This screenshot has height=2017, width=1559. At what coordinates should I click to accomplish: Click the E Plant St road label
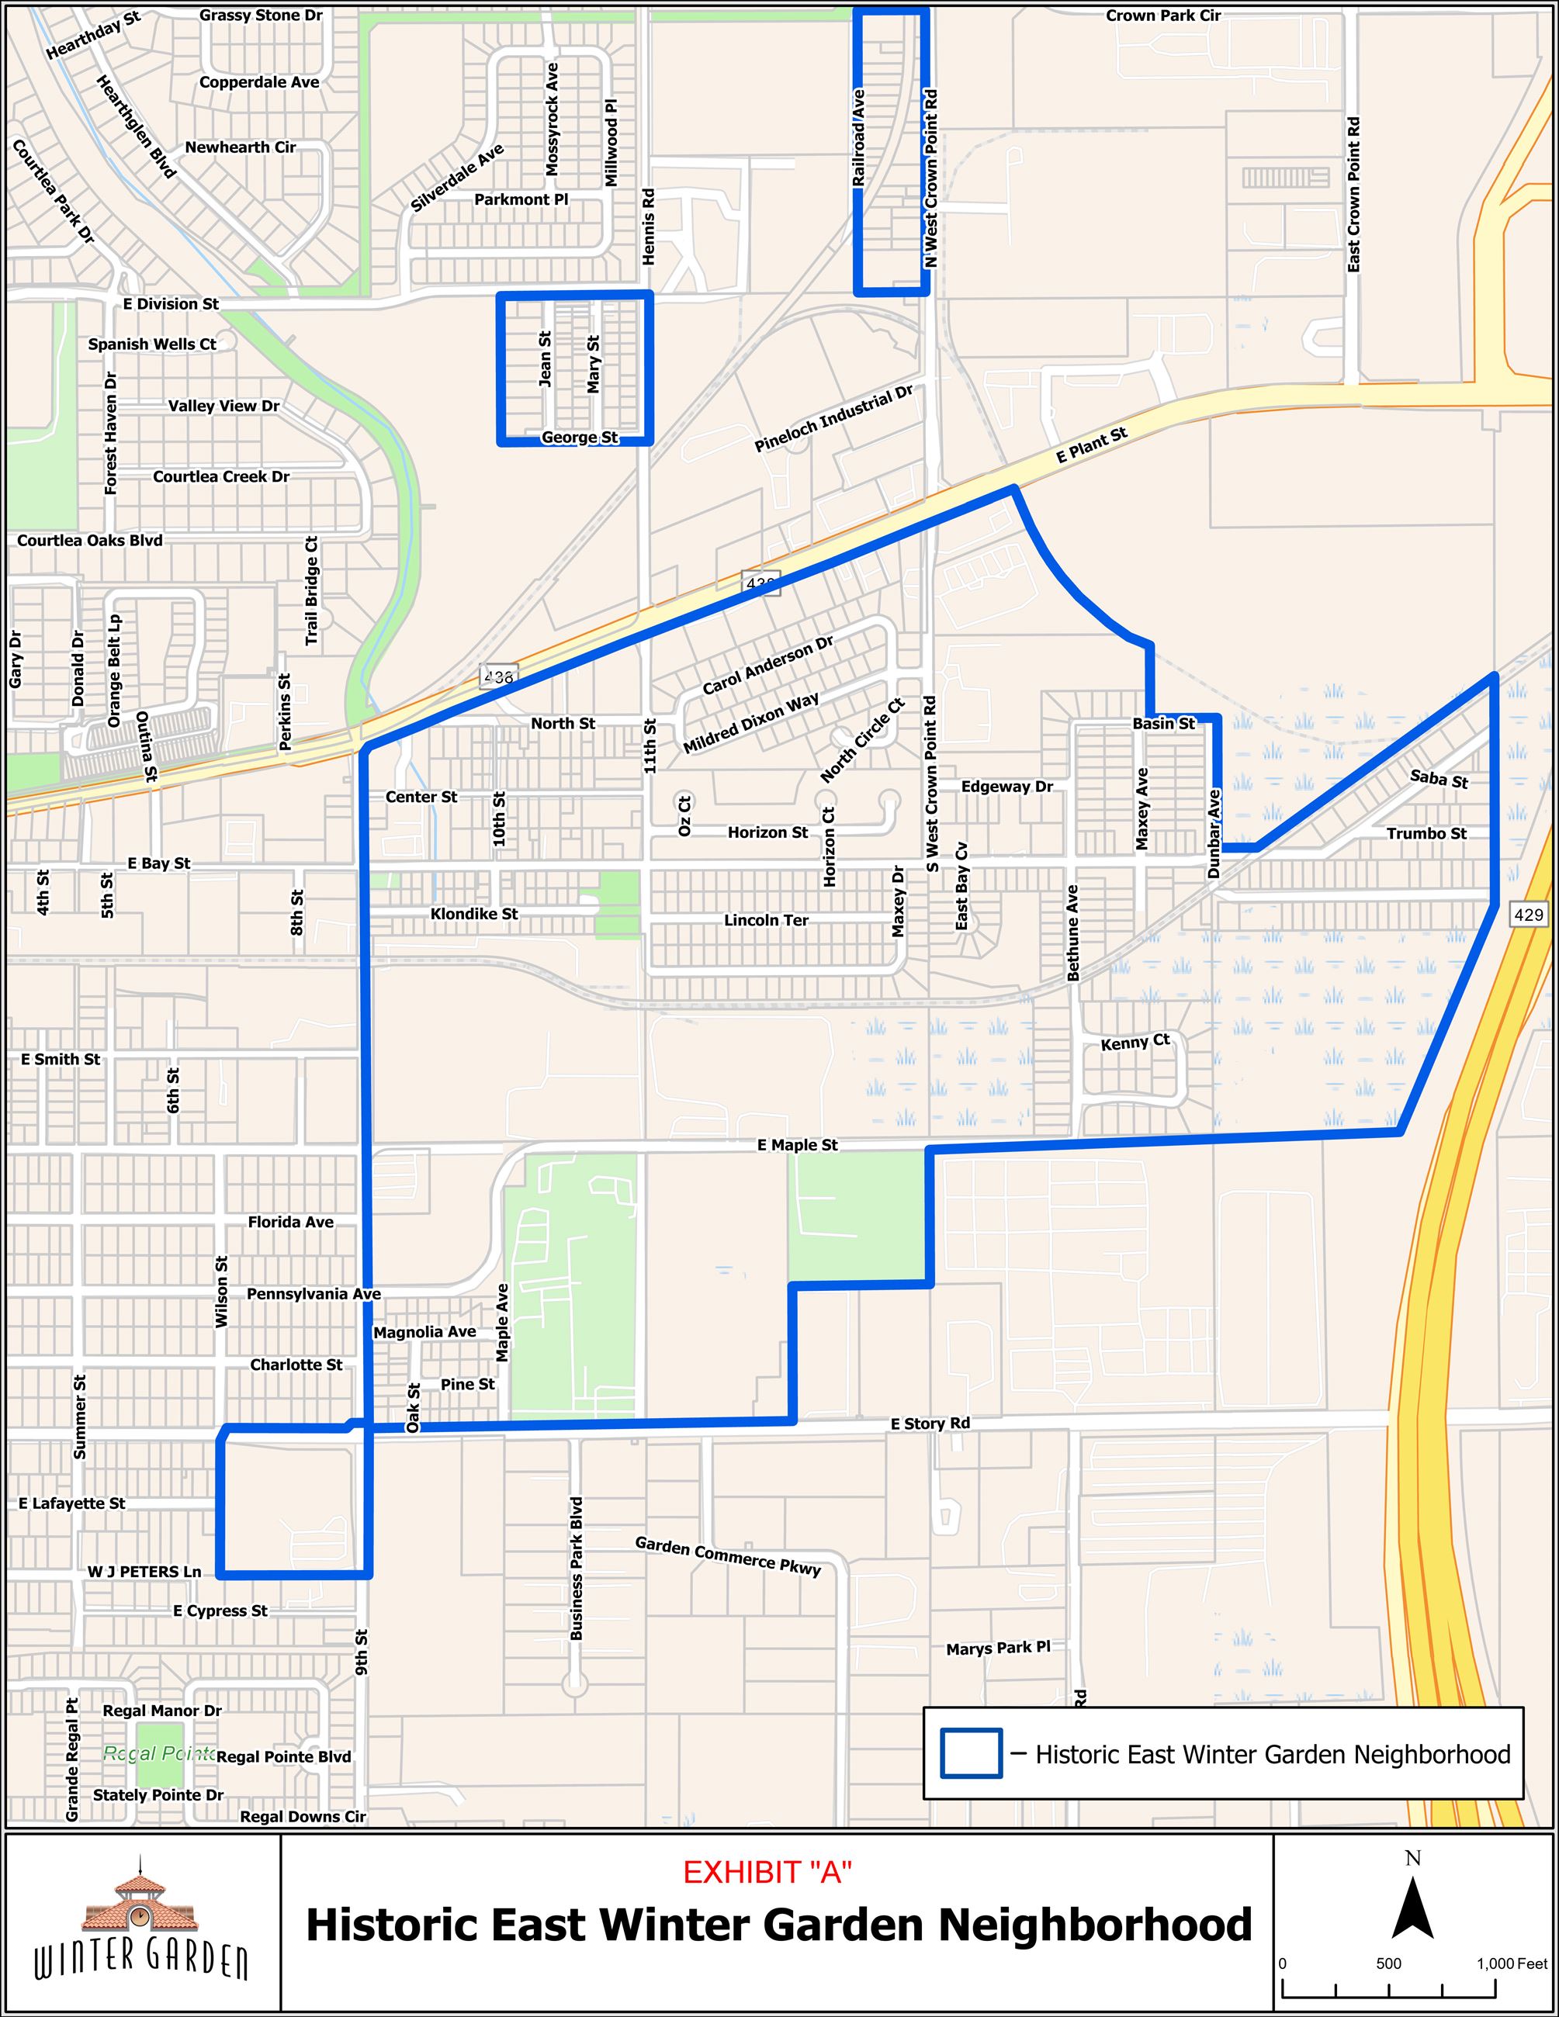pos(1092,445)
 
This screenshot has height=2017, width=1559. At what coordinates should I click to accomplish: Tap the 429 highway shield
pos(1529,915)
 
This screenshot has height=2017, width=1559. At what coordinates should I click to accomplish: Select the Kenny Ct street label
pos(1135,1043)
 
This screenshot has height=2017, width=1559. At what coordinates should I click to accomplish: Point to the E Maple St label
pos(797,1145)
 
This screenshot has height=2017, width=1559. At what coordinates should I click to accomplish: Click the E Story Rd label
pos(930,1424)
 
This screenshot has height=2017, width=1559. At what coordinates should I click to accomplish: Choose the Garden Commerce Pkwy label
pos(728,1556)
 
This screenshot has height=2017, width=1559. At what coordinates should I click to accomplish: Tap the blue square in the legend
pos(971,1754)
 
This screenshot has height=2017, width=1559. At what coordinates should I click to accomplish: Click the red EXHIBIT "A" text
pos(767,1872)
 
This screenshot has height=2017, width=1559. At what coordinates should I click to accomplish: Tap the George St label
pos(579,437)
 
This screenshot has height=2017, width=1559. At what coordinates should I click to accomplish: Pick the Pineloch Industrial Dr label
pos(833,419)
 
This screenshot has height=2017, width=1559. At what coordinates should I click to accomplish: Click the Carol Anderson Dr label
pos(767,665)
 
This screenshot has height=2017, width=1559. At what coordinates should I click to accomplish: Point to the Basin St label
pos(1164,723)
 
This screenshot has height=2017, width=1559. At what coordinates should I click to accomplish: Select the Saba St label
pos(1438,779)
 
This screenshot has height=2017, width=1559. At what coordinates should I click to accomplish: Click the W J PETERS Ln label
pos(144,1571)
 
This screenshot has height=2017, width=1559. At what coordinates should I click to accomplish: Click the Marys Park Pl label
pos(997,1648)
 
